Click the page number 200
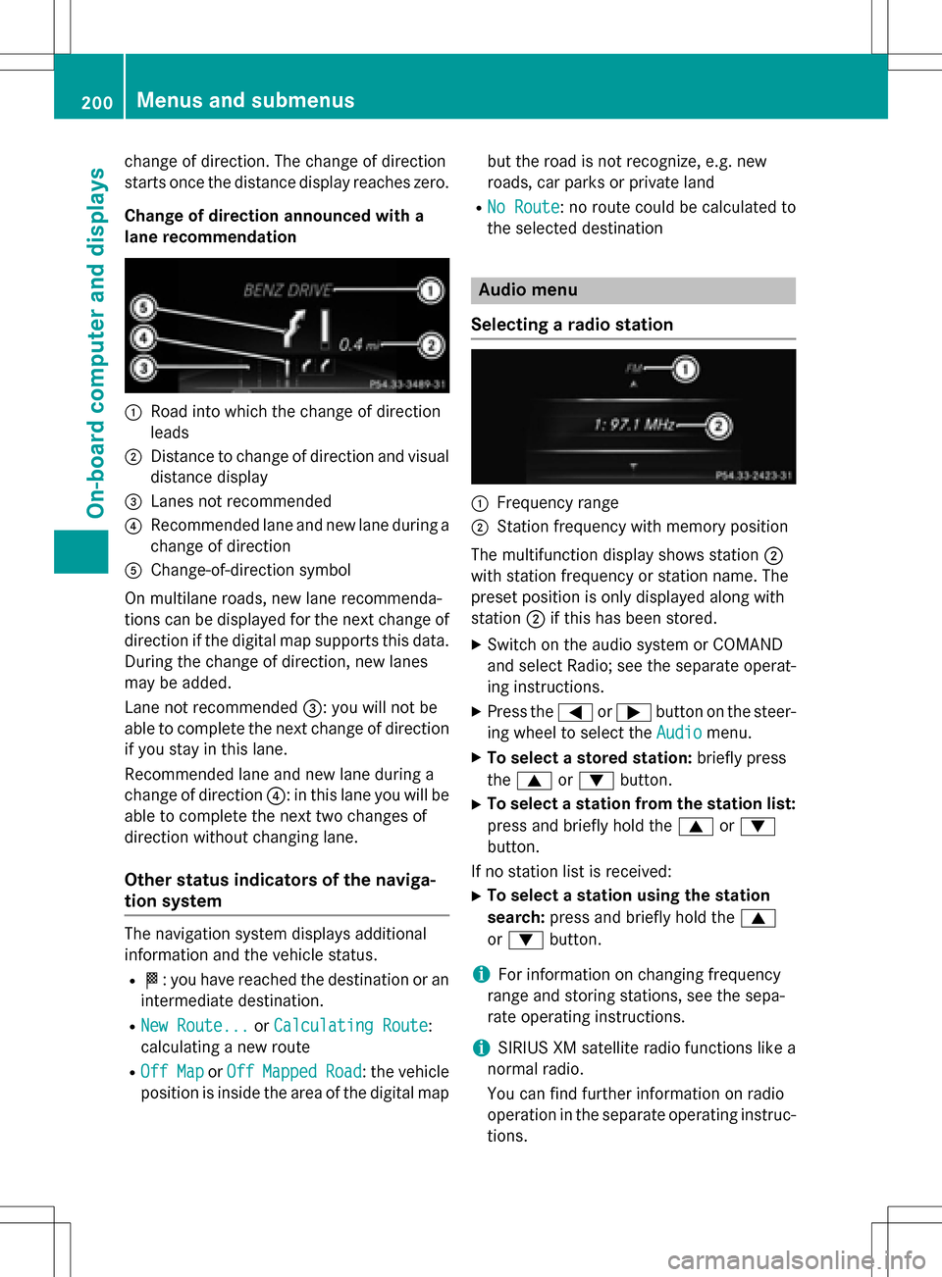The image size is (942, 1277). (x=96, y=102)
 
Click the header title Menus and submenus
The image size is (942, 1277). (x=245, y=100)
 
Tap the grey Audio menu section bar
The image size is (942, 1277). (x=632, y=290)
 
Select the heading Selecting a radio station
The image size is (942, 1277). (x=572, y=325)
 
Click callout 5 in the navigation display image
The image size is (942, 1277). (x=143, y=308)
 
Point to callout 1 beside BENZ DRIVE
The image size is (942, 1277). (x=430, y=290)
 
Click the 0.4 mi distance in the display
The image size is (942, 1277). (x=351, y=344)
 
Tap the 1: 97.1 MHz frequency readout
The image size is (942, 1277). (x=634, y=425)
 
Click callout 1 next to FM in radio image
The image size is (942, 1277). (x=685, y=369)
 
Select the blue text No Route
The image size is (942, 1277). (x=523, y=207)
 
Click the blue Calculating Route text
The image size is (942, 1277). (x=350, y=1025)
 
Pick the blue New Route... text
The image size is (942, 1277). (x=194, y=1025)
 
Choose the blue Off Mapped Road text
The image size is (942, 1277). (x=293, y=1071)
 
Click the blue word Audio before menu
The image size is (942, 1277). (x=678, y=733)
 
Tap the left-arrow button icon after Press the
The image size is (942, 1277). (x=575, y=712)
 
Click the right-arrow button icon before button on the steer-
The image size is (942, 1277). (x=634, y=712)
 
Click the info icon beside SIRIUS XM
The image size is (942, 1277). (x=481, y=1047)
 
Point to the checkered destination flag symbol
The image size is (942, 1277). (x=151, y=979)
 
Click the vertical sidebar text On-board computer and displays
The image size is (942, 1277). (x=95, y=343)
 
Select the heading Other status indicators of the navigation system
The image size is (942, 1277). (x=281, y=891)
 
